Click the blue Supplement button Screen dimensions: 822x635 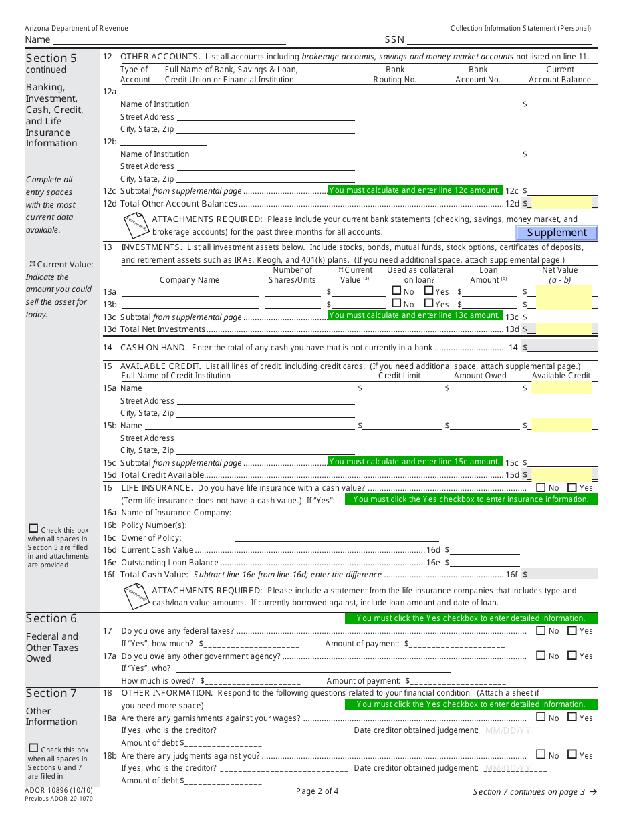(x=557, y=233)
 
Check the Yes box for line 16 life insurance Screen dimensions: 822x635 (x=572, y=488)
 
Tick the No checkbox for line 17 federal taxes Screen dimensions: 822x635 (x=541, y=630)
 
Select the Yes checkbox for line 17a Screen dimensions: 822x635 (x=572, y=656)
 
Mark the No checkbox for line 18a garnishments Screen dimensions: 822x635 (x=541, y=717)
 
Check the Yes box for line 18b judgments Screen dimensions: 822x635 (x=572, y=755)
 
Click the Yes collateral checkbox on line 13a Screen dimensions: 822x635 (x=429, y=291)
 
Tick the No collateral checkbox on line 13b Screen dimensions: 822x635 (x=396, y=303)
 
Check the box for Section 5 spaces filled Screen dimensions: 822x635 (x=33, y=529)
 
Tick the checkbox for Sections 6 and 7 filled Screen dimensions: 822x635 (x=33, y=748)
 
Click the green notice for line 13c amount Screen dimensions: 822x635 (x=415, y=315)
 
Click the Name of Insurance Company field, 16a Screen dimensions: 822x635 (x=337, y=513)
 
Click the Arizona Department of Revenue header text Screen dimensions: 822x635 (x=76, y=28)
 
